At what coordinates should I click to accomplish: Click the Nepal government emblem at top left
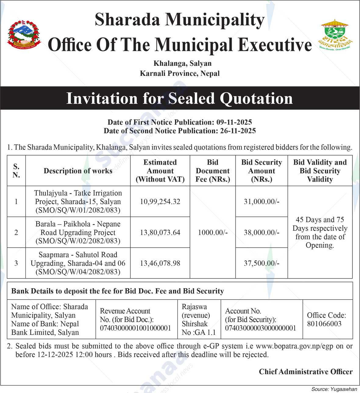[x=24, y=34]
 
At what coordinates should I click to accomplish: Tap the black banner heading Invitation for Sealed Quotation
[x=180, y=98]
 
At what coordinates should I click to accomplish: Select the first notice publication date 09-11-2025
[x=234, y=122]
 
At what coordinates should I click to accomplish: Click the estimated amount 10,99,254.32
[x=160, y=201]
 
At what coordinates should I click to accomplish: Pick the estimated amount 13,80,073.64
[x=160, y=232]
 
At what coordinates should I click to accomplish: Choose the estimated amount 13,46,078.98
[x=160, y=263]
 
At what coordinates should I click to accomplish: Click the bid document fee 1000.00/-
[x=212, y=232]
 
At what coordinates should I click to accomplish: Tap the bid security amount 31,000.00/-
[x=262, y=201]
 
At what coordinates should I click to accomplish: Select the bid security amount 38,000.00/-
[x=262, y=232]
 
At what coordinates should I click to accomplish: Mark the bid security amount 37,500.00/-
[x=262, y=263]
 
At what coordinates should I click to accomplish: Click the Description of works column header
[x=78, y=171]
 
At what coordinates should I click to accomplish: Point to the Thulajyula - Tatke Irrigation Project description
[x=78, y=201]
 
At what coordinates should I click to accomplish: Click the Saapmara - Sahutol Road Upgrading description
[x=78, y=263]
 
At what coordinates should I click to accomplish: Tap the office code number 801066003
[x=324, y=324]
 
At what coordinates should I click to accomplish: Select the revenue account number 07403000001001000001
[x=135, y=328]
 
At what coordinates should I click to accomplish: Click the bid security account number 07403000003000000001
[x=260, y=328]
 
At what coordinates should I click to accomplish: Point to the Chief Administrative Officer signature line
[x=305, y=371]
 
